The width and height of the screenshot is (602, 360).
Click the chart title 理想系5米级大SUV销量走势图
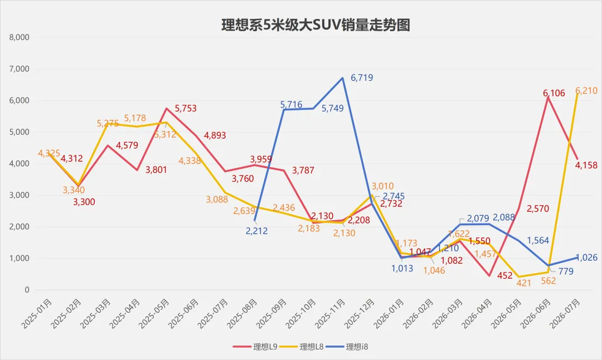pyautogui.click(x=315, y=25)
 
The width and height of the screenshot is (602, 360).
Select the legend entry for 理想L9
pyautogui.click(x=255, y=347)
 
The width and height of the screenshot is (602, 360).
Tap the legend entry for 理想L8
pyautogui.click(x=302, y=347)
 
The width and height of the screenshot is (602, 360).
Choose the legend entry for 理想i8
pyautogui.click(x=347, y=347)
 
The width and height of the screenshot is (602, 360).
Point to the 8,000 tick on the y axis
pyautogui.click(x=19, y=37)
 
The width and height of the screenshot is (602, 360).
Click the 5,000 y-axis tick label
pyautogui.click(x=19, y=132)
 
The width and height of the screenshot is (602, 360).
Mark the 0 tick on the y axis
pyautogui.click(x=27, y=290)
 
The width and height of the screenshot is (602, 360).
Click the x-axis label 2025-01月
pyautogui.click(x=36, y=314)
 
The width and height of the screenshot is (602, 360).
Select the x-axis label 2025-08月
pyautogui.click(x=242, y=314)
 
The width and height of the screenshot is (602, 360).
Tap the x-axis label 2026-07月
pyautogui.click(x=565, y=314)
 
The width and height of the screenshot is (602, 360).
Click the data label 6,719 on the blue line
pyautogui.click(x=362, y=77)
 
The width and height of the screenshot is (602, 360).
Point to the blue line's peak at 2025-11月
pyautogui.click(x=342, y=78)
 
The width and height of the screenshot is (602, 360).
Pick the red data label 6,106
pyautogui.click(x=554, y=93)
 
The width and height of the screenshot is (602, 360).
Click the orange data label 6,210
pyautogui.click(x=586, y=91)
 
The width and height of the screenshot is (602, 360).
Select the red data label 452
pyautogui.click(x=505, y=275)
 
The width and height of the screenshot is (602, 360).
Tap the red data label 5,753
pyautogui.click(x=186, y=109)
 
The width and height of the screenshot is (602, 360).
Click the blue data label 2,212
pyautogui.click(x=256, y=231)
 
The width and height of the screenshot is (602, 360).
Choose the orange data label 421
pyautogui.click(x=523, y=283)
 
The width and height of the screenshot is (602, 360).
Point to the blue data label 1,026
pyautogui.click(x=586, y=257)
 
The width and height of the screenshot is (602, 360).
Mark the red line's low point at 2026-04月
pyautogui.click(x=489, y=275)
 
